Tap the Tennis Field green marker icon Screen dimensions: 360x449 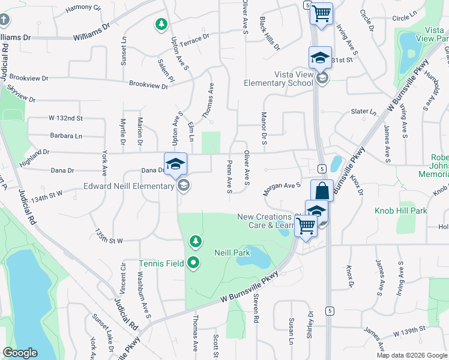[193, 263]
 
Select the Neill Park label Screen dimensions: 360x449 [232, 253]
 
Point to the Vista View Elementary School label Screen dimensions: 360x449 [279, 79]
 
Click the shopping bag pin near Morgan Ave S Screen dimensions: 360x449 [322, 191]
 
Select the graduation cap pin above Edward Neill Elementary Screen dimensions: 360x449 [175, 164]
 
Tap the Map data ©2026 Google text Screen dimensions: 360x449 [411, 355]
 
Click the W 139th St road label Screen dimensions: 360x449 [409, 331]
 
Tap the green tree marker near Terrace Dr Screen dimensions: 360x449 [161, 25]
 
